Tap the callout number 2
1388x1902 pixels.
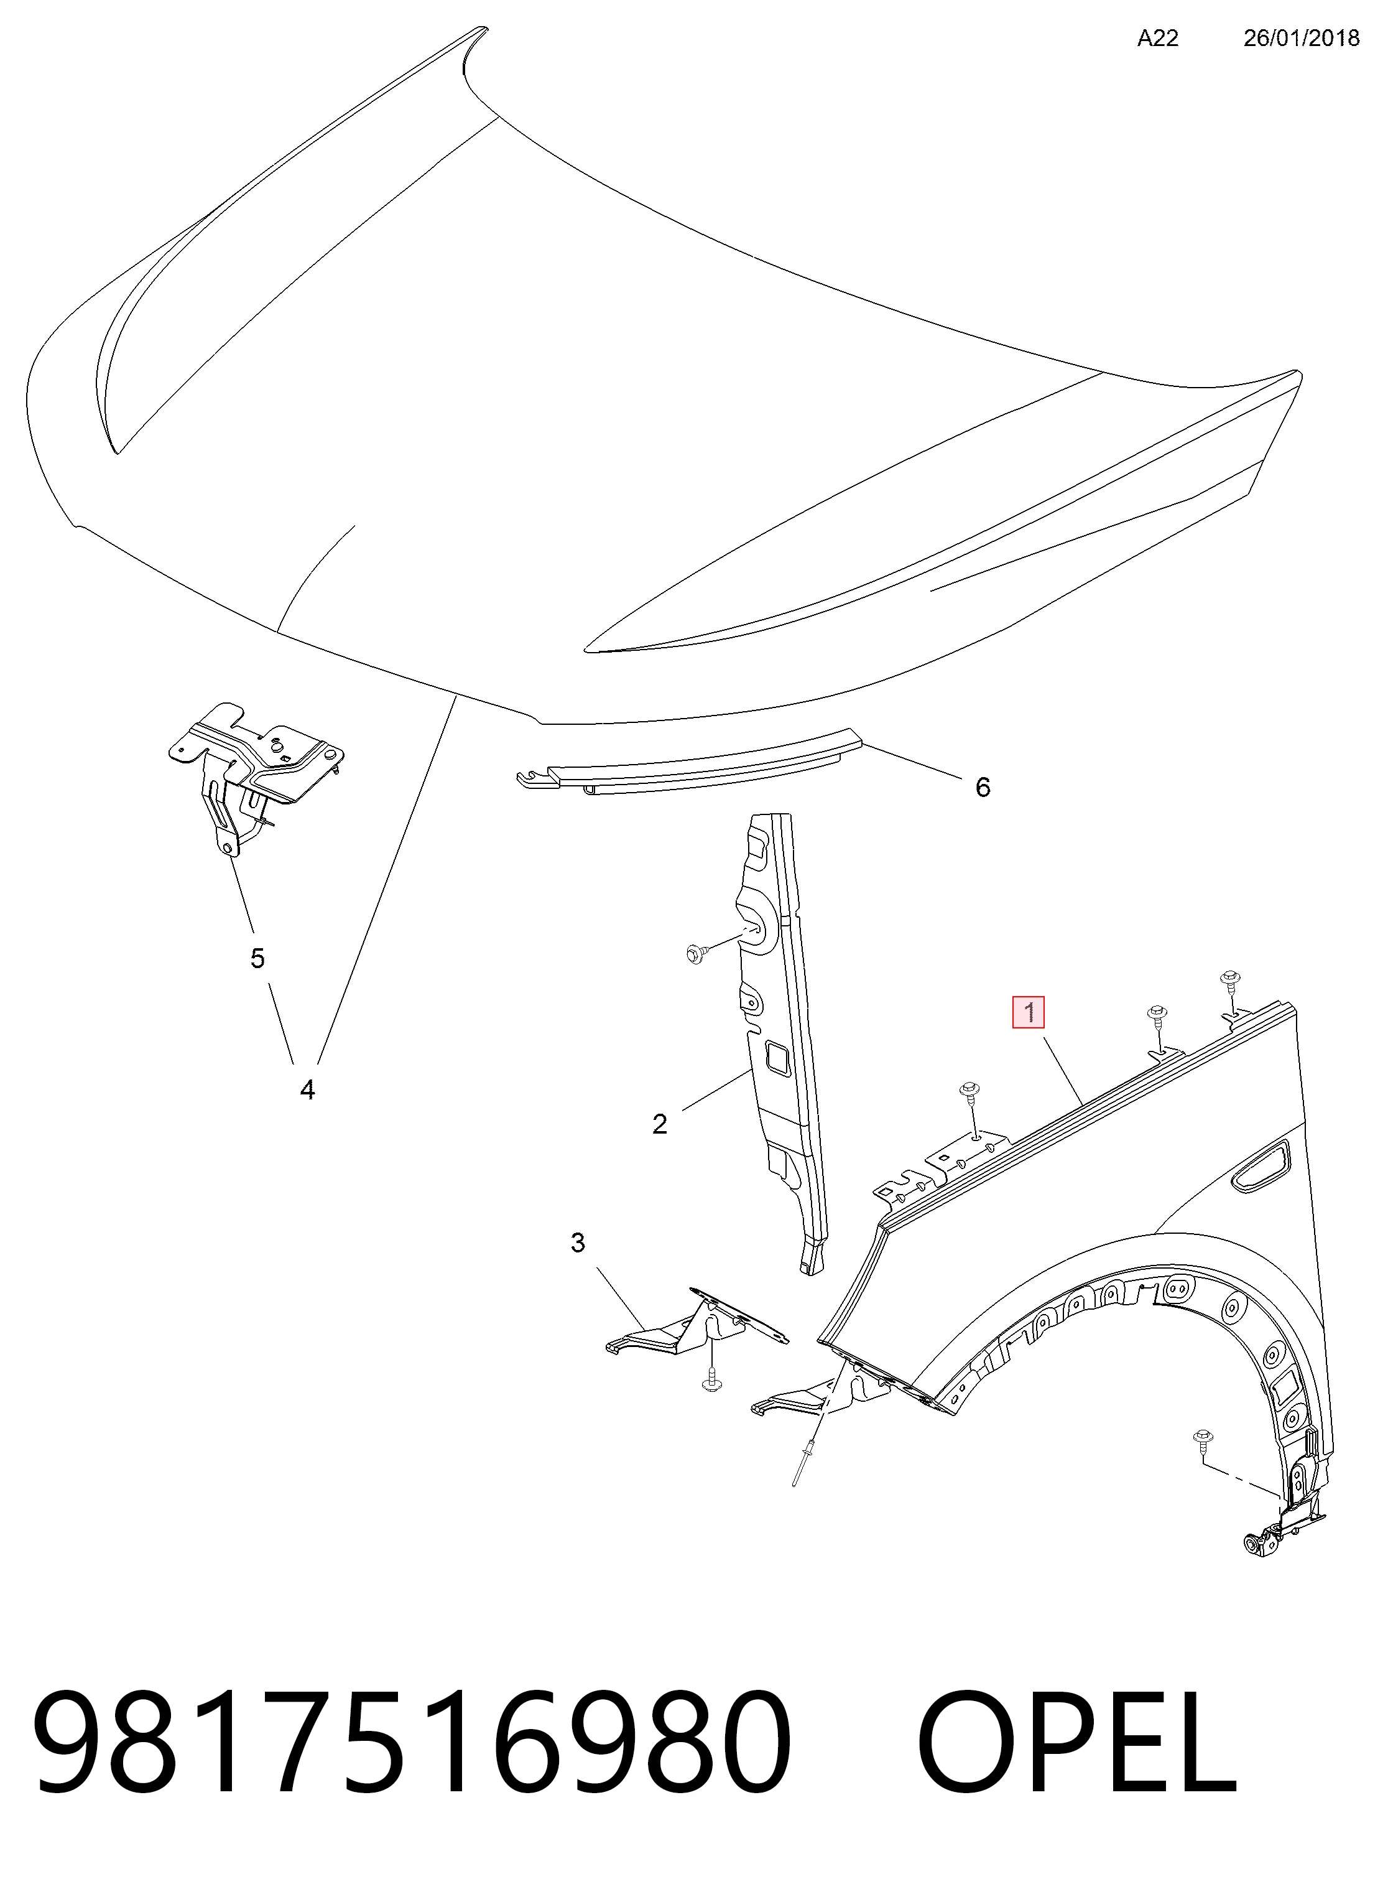tap(660, 1124)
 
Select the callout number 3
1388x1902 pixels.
tap(577, 1243)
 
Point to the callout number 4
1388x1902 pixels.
tap(307, 1090)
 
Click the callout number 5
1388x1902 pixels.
tap(257, 958)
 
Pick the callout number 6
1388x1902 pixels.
tap(982, 786)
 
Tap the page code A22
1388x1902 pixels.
tap(1158, 38)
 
